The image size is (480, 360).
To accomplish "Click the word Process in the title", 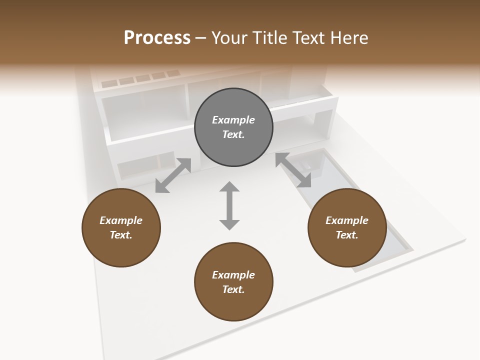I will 157,38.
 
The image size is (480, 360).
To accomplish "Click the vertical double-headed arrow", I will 229,205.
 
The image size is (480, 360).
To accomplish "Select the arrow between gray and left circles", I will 173,175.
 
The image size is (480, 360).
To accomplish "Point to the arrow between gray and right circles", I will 293,170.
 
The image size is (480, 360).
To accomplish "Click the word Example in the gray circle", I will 233,120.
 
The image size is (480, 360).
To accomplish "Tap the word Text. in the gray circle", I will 233,134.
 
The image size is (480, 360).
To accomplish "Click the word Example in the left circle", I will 121,220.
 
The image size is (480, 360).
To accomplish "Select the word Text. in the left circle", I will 121,235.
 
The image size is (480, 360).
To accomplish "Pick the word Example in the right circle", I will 347,220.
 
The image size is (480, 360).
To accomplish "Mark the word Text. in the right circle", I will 347,235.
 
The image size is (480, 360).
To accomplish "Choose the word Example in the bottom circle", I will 233,275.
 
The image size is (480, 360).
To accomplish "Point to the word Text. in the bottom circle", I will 233,289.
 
